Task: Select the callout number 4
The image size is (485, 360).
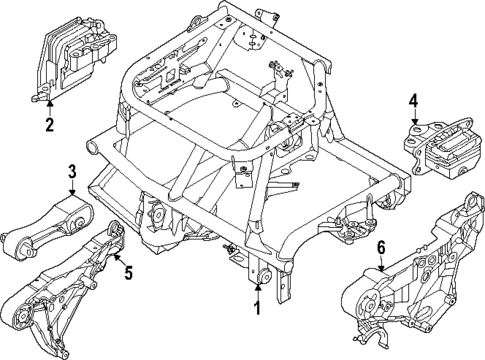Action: coord(413,100)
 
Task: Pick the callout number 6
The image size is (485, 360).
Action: coord(381,246)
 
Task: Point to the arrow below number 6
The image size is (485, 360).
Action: coord(381,264)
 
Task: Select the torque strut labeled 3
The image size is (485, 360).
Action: coord(45,227)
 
